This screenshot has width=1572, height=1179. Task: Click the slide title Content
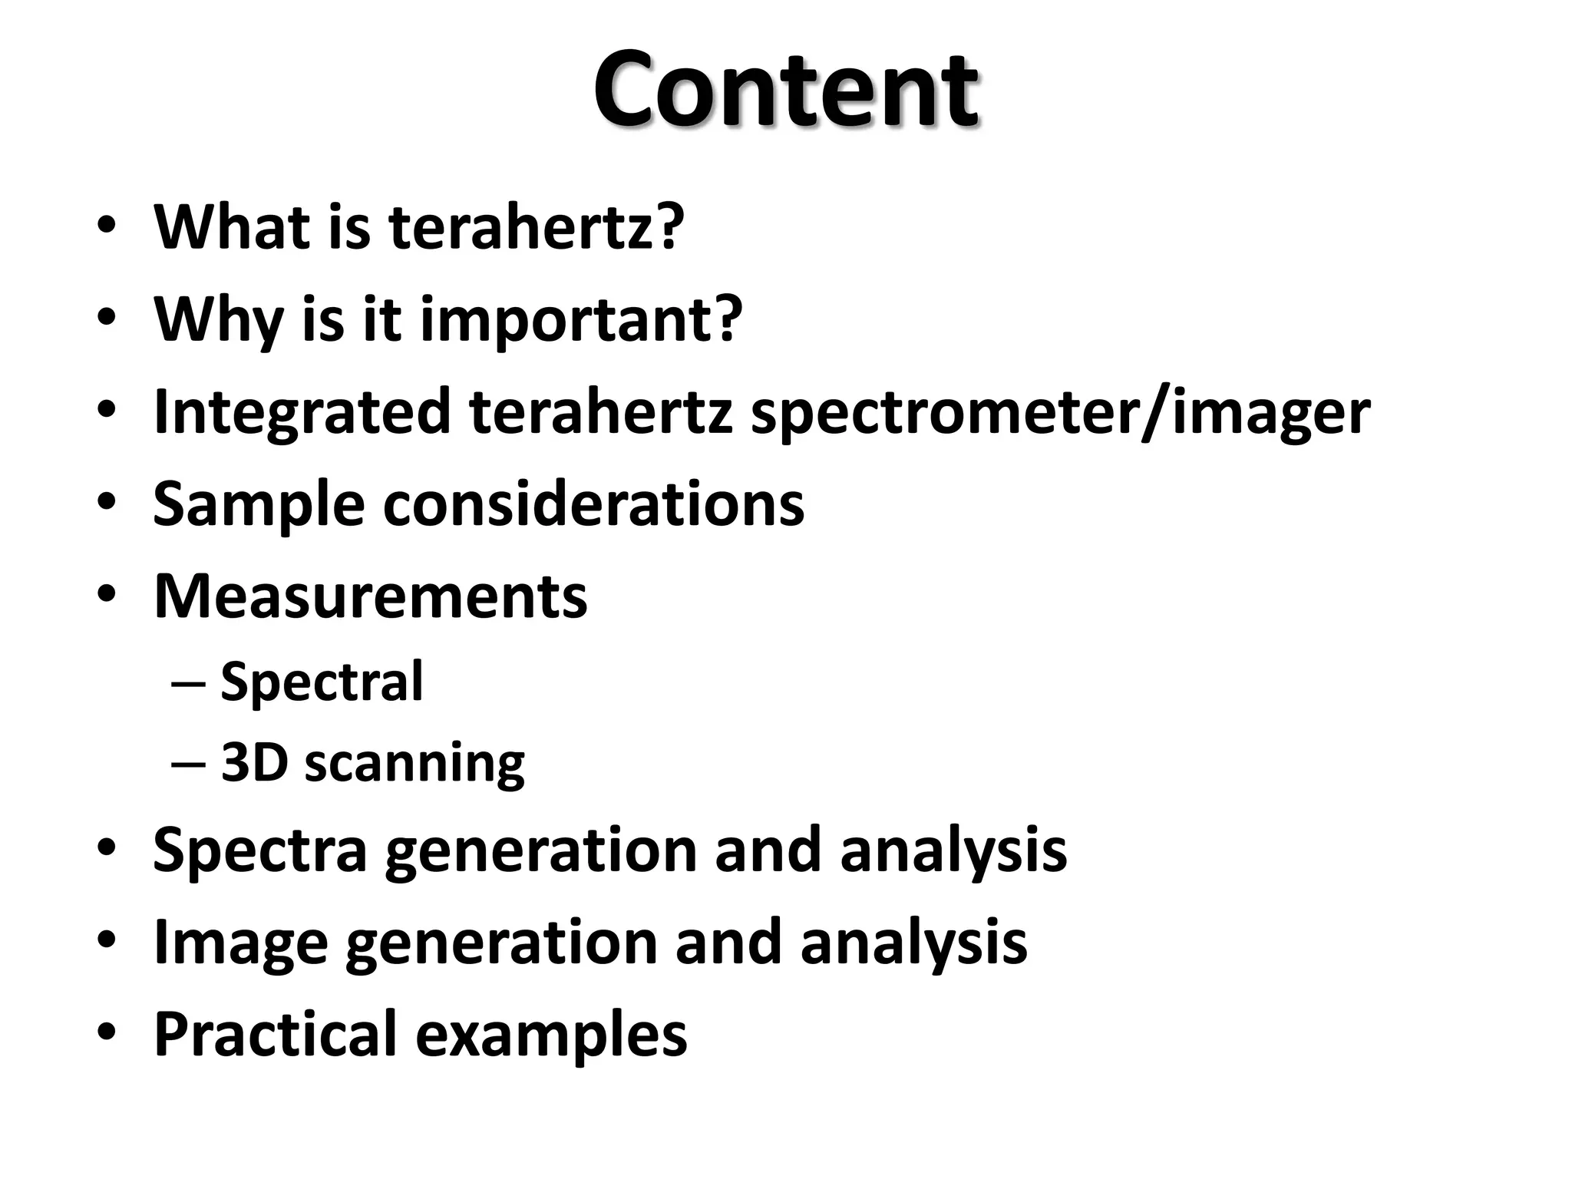(x=785, y=90)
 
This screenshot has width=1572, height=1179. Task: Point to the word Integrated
(x=302, y=412)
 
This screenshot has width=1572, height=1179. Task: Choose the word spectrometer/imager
(x=1060, y=412)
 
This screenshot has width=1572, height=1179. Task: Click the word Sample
(x=259, y=504)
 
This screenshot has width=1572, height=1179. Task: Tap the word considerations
(x=593, y=504)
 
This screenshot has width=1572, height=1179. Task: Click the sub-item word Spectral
(x=322, y=681)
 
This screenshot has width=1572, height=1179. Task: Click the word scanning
(x=414, y=764)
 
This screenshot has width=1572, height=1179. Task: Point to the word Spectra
(x=260, y=850)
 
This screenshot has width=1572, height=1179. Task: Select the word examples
(x=551, y=1034)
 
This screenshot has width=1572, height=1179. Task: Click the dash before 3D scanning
(x=188, y=763)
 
